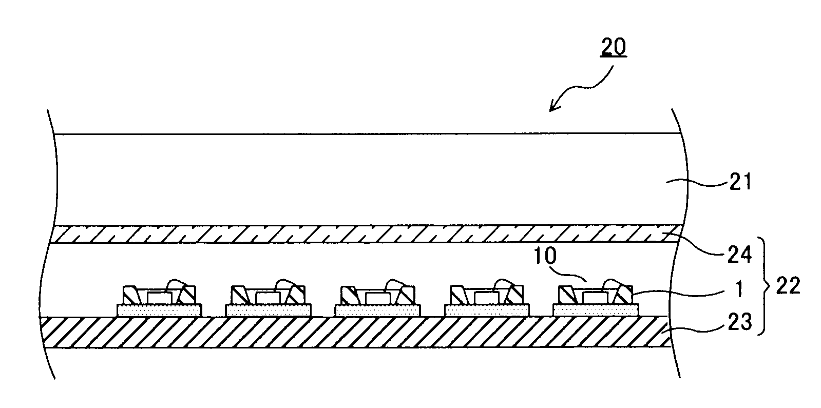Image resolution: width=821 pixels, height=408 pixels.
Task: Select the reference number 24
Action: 739,254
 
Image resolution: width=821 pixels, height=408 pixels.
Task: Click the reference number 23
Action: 739,322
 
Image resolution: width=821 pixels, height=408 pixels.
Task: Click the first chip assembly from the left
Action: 159,300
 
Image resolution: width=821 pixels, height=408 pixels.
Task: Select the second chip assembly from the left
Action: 268,300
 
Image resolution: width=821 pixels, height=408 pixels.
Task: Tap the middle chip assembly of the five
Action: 377,300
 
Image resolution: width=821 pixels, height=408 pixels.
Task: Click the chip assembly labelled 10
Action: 596,300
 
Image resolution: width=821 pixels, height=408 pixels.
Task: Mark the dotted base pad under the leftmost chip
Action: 159,310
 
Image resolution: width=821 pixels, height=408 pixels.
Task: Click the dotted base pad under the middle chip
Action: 377,310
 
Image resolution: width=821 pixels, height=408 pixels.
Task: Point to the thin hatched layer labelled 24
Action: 359,234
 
